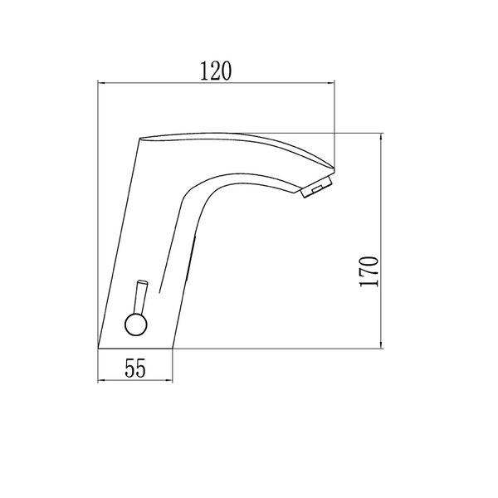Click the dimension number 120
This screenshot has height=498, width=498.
(216, 71)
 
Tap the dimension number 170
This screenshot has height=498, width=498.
(369, 271)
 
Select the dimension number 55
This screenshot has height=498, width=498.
(135, 368)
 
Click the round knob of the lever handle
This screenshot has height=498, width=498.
(136, 325)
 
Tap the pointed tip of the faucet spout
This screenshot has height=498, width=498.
(334, 168)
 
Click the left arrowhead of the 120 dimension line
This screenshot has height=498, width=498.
(101, 83)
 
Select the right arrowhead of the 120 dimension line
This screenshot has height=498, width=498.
(331, 83)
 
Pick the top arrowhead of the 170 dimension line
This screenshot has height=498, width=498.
(381, 137)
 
